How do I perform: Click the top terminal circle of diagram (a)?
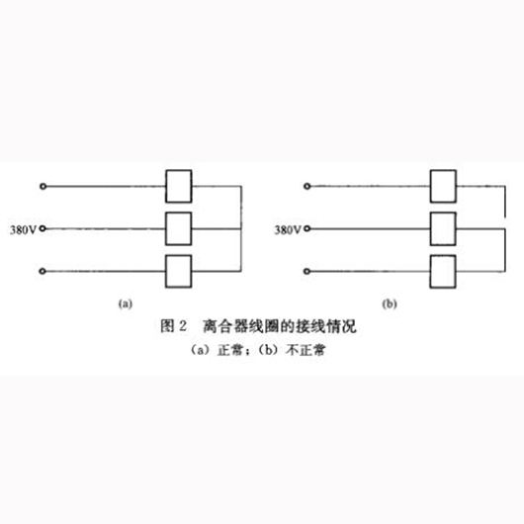pos(44,187)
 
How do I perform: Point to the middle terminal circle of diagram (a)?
pos(43,228)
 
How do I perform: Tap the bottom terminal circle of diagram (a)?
pos(43,271)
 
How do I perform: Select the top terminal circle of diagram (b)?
pos(307,186)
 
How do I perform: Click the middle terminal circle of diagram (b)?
pos(307,228)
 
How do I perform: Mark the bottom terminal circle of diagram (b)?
pos(306,271)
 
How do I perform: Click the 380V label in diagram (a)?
pos(23,230)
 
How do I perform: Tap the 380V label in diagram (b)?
pos(288,230)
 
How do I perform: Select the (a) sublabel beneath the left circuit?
pos(126,304)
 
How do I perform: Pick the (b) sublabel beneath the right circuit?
pos(390,304)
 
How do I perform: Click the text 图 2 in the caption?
pos(173,326)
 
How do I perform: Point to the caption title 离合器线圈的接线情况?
pos(280,326)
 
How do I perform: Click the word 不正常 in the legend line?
pos(306,350)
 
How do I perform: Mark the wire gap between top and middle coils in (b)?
pos(505,223)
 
